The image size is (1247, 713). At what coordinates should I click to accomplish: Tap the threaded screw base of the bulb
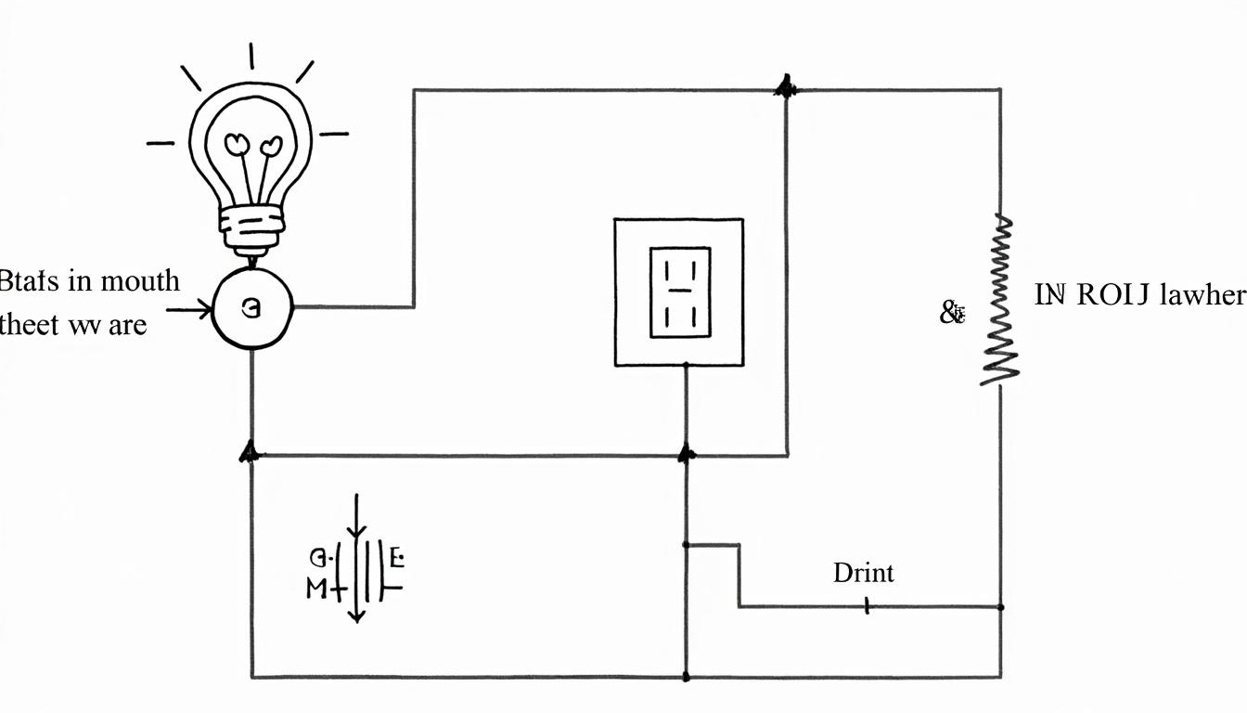tap(251, 227)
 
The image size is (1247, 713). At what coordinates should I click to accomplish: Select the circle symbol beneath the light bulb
tap(252, 309)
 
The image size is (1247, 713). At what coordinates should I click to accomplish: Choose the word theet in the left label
tap(27, 325)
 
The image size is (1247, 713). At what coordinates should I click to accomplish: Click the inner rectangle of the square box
tap(679, 292)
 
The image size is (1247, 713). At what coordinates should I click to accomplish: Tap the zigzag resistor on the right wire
tap(1000, 299)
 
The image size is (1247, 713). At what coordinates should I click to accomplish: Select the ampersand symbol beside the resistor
tap(952, 314)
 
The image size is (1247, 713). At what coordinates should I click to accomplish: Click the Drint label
tap(863, 573)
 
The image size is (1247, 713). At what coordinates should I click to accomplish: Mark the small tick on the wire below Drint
tap(867, 606)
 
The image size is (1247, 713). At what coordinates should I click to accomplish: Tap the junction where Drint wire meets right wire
tap(1000, 607)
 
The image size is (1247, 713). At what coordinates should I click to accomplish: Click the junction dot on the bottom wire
tap(686, 677)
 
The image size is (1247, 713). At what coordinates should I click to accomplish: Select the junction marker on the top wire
tap(786, 89)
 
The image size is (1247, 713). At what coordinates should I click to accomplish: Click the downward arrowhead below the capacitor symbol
tap(357, 616)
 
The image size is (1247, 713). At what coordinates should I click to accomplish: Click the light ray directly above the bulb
tap(251, 56)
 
